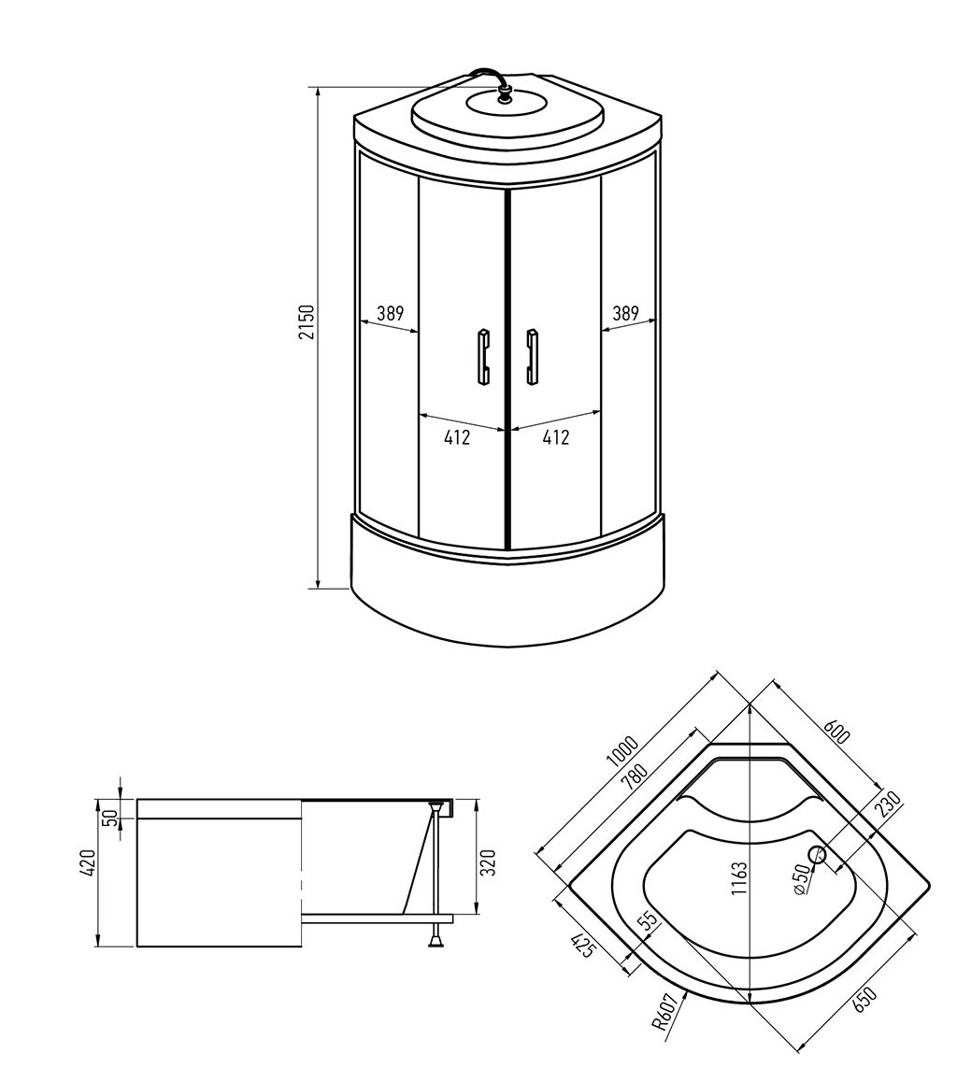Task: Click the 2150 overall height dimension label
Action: pos(307,321)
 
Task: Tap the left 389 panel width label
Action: pos(390,313)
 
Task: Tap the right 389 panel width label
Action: pos(625,313)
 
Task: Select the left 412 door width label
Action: pos(457,436)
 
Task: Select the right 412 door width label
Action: pos(556,436)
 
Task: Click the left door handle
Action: pos(483,356)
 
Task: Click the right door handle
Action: pos(532,356)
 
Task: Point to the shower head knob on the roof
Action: pos(506,93)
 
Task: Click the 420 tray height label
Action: pos(87,863)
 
